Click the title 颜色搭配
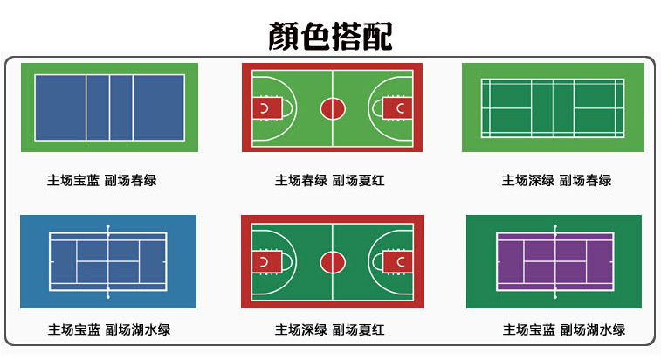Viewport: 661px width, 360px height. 330,36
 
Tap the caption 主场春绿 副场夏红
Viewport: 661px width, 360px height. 330,181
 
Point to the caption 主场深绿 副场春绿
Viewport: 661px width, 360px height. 556,181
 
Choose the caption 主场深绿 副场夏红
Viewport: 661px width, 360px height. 330,329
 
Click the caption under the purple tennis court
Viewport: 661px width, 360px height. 563,330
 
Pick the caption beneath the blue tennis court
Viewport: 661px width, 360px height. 109,329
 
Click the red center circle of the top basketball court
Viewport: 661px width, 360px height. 332,108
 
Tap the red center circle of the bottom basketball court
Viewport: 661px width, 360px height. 332,261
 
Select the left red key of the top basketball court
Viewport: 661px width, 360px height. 265,108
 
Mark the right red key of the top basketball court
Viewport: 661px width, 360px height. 398,108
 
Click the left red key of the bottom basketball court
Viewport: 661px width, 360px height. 265,261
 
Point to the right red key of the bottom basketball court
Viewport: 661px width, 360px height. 398,261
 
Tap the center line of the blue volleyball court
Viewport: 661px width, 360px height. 109,108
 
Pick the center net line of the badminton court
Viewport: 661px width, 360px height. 553,108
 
